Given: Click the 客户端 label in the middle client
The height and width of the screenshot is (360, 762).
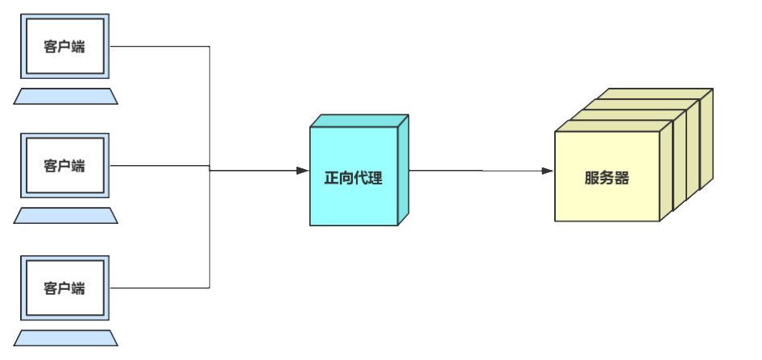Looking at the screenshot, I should tap(65, 166).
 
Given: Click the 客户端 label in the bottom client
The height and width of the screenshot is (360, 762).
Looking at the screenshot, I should tap(65, 288).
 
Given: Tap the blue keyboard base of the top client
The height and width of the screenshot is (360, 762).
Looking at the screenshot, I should tap(65, 97).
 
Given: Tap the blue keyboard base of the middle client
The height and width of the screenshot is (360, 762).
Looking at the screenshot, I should tap(65, 216).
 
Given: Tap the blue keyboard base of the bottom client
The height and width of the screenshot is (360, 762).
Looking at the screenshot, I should tap(65, 337).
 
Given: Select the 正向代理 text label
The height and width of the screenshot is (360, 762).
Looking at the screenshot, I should tap(353, 178).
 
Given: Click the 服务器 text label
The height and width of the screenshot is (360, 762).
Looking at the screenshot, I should tap(607, 178).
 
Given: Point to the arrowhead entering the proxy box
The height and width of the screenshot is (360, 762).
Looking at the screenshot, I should tap(303, 171).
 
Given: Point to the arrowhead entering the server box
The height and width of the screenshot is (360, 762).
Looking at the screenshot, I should tap(548, 171).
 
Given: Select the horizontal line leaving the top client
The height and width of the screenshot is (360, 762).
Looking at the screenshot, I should tap(161, 47).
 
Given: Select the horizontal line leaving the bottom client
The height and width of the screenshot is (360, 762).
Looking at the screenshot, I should tap(161, 288).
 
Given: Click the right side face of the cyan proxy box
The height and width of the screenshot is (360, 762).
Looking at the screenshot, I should tap(404, 171).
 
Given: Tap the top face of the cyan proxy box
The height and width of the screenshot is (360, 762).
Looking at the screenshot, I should tap(358, 120).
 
